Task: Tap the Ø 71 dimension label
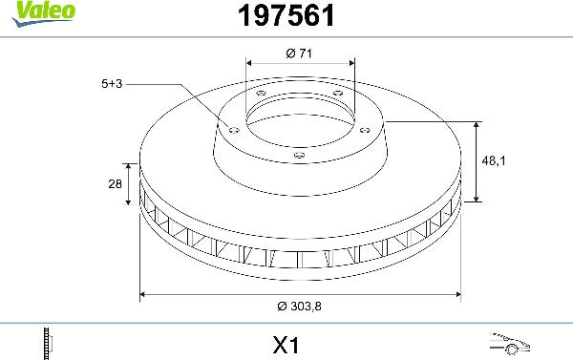click(x=299, y=53)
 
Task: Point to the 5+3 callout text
click(x=112, y=84)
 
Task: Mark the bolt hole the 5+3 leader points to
click(x=232, y=127)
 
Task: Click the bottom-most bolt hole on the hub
click(x=298, y=155)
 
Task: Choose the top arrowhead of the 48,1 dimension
click(x=477, y=125)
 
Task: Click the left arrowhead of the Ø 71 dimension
click(x=249, y=65)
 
